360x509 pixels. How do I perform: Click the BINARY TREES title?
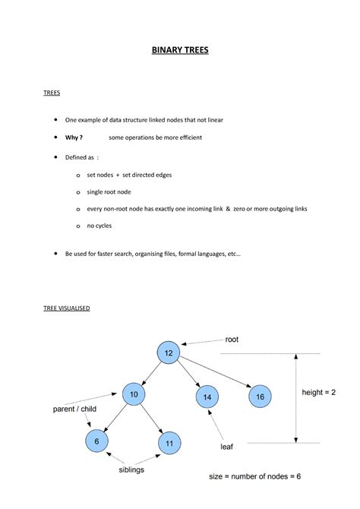(179, 51)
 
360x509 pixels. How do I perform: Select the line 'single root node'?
(109, 191)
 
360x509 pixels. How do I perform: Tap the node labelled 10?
(133, 394)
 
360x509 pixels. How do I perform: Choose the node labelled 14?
(207, 397)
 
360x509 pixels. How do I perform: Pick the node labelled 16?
(259, 397)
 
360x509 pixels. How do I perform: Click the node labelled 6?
(96, 441)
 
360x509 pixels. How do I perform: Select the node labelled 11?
(169, 443)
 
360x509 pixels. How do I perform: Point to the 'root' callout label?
(232, 340)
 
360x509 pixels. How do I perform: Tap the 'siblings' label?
(131, 469)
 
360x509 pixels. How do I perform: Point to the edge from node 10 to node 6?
(115, 417)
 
